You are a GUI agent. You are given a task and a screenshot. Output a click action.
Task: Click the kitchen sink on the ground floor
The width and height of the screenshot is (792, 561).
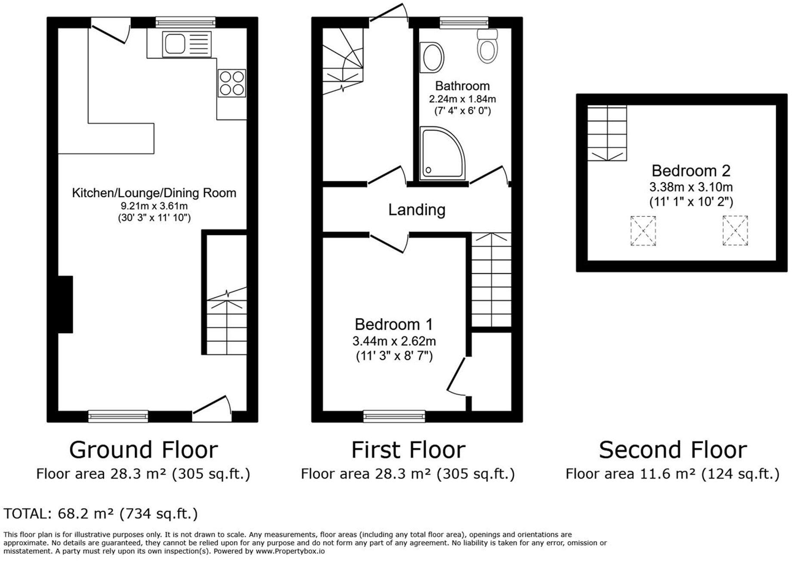pos(187,44)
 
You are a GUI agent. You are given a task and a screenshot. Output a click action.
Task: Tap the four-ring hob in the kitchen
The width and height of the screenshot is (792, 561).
pos(232,83)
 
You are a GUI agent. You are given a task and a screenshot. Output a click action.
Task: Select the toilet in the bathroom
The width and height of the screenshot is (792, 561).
pos(488,47)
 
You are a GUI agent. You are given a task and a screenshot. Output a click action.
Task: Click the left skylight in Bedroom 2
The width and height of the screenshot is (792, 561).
pos(643,231)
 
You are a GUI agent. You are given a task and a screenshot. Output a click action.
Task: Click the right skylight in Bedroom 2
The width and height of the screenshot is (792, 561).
pos(735,231)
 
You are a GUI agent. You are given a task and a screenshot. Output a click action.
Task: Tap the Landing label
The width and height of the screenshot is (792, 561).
pos(417,210)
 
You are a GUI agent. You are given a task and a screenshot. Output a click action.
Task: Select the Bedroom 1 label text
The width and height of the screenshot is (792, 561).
pos(393,324)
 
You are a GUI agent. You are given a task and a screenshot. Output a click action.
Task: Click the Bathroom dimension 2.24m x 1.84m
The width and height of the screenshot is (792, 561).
pos(462,99)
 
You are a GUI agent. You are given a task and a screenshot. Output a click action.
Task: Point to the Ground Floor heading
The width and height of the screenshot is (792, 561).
pos(143,450)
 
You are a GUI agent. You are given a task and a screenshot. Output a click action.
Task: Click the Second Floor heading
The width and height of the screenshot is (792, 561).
pos(672,450)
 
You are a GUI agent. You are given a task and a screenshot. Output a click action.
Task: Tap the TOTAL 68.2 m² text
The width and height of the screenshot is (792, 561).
pos(101,514)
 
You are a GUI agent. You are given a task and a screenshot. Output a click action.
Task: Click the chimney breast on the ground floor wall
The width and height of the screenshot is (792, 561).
pos(65,304)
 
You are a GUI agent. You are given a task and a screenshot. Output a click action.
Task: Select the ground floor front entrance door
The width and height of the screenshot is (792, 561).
pos(212,409)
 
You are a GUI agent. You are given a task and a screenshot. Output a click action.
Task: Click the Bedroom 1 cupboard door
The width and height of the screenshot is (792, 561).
pos(456,375)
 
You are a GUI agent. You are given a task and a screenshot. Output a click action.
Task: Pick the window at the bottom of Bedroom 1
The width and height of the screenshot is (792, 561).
pos(394,416)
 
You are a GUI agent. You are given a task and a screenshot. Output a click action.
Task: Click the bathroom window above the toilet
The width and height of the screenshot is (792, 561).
pos(464,22)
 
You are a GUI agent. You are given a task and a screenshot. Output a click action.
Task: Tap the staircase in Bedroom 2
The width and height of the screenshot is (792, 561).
pos(607,133)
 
